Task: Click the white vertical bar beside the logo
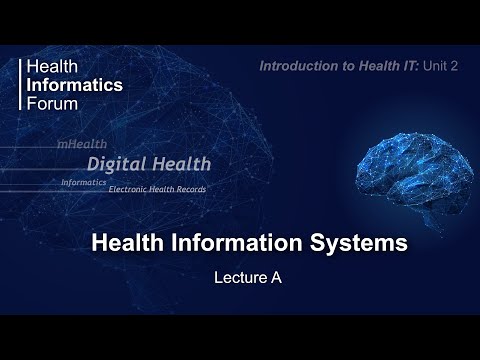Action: pyautogui.click(x=21, y=84)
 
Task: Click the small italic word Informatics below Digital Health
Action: pyautogui.click(x=83, y=182)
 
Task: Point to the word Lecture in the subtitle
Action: pyautogui.click(x=234, y=279)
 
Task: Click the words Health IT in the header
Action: pyautogui.click(x=381, y=65)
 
